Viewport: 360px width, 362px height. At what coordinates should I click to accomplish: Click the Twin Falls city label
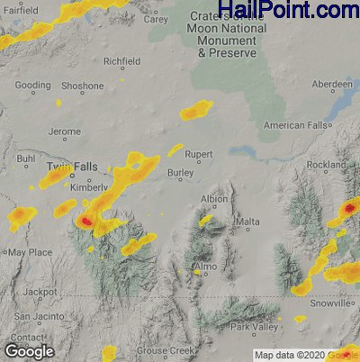tap(72, 168)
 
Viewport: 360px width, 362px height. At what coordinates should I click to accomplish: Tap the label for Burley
tap(181, 174)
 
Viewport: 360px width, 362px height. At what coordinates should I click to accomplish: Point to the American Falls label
tap(294, 125)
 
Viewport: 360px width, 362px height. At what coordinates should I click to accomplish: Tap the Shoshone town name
tap(82, 86)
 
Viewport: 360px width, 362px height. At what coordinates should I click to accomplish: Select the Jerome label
tap(64, 132)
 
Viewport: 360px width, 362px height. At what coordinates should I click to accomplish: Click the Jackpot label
tap(40, 294)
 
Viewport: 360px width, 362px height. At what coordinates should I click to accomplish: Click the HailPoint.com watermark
tap(289, 11)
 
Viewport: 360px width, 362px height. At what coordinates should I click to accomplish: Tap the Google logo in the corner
tap(30, 350)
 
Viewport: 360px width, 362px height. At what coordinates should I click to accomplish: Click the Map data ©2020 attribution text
tap(284, 355)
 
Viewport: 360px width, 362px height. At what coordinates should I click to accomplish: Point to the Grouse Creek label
tap(164, 350)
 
